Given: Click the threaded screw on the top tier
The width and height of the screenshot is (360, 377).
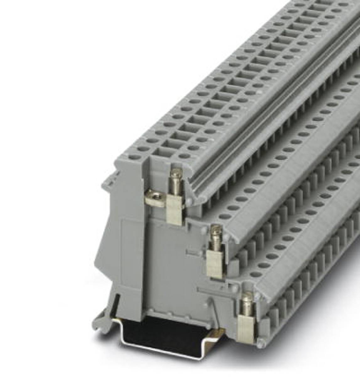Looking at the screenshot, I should (176, 182).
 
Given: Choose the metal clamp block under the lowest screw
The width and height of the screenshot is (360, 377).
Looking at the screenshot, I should (245, 328).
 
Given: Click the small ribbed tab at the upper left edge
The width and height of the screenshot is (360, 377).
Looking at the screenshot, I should (110, 179).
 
